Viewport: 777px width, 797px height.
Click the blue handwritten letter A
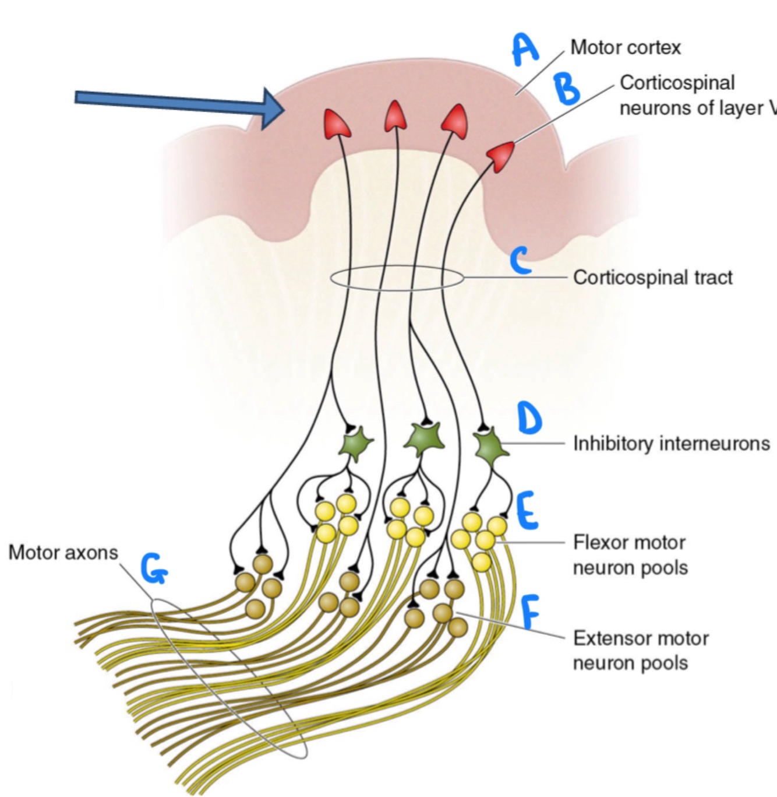pos(525,50)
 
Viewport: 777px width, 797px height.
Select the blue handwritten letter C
pos(520,260)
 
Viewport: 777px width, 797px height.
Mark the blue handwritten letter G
pos(153,569)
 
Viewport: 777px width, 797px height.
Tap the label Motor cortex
pos(625,47)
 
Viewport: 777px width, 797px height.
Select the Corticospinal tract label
pos(653,277)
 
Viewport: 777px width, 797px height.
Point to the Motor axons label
pos(63,552)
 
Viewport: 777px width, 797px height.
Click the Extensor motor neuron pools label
pos(641,650)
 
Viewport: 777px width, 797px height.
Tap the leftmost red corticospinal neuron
pos(337,124)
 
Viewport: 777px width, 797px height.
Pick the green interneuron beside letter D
pos(489,446)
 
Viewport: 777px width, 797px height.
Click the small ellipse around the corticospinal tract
pos(397,278)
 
